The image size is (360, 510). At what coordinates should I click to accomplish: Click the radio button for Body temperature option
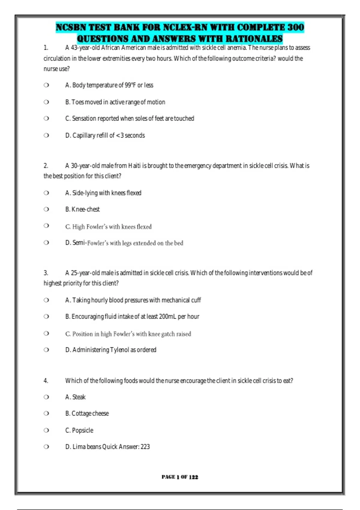pos(46,85)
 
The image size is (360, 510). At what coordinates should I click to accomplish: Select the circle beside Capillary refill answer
pos(46,135)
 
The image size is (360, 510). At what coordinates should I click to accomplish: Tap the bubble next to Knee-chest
pos(46,209)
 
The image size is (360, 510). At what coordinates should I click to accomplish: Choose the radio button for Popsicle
pos(46,430)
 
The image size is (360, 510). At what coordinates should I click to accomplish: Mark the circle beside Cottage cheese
pos(46,413)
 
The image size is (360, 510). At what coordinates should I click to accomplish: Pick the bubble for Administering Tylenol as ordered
pos(46,349)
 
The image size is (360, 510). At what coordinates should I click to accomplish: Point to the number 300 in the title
pos(296,28)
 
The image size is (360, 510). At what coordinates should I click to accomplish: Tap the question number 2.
pos(46,166)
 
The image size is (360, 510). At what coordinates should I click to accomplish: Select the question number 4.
pos(46,381)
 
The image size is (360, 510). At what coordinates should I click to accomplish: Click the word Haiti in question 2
pos(134,166)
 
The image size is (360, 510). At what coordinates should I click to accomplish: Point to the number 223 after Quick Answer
pos(145,447)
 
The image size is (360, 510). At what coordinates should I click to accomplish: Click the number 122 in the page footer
pos(193,477)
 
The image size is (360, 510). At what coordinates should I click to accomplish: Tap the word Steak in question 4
pos(79,397)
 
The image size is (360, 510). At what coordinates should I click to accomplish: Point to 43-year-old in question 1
pos(85,48)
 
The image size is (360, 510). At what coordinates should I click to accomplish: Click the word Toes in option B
pos(78,102)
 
